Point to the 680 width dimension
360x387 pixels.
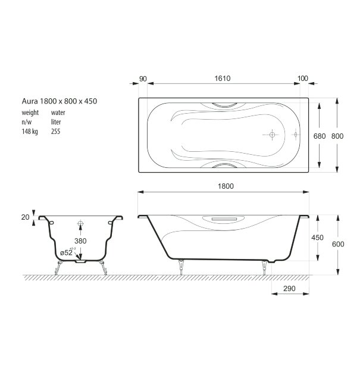(x=320, y=136)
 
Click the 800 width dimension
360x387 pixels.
(x=337, y=136)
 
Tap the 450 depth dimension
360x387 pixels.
(x=318, y=237)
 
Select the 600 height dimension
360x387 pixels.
(x=337, y=243)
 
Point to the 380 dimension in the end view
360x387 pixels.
(x=80, y=241)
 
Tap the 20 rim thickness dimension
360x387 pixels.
(x=25, y=217)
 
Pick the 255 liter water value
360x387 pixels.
(x=55, y=132)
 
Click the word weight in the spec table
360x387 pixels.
(x=30, y=112)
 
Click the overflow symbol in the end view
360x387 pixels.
(x=80, y=225)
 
